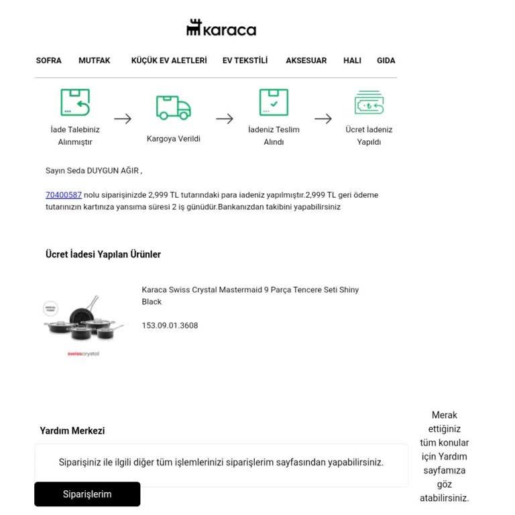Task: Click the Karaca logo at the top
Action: click(x=221, y=28)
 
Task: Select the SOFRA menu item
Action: click(x=48, y=60)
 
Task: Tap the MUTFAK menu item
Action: click(x=95, y=60)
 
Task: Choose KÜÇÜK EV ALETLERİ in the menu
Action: click(x=169, y=60)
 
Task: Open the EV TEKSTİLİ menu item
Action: click(x=245, y=60)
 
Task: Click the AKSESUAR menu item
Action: click(x=306, y=60)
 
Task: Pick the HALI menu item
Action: click(x=352, y=60)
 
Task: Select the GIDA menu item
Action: click(x=386, y=60)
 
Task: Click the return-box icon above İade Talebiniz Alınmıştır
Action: click(x=75, y=103)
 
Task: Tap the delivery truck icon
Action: click(x=173, y=107)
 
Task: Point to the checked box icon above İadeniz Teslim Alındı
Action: click(x=274, y=103)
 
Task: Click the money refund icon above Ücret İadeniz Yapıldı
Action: click(x=369, y=103)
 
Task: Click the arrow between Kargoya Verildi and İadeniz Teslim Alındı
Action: click(x=225, y=119)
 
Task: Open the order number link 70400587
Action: click(x=64, y=195)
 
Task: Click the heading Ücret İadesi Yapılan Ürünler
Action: click(x=103, y=255)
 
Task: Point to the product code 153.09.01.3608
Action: click(x=170, y=326)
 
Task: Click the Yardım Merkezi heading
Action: click(x=72, y=431)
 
